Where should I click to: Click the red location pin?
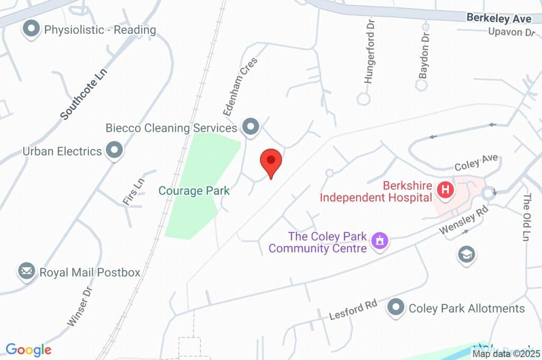(271, 162)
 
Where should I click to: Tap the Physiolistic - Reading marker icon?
(32, 29)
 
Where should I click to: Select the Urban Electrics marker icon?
(114, 151)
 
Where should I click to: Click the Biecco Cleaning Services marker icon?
(250, 127)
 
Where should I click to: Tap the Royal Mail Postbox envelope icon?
(26, 272)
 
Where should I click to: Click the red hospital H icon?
(445, 189)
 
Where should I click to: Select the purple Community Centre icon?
(380, 241)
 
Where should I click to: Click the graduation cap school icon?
(466, 255)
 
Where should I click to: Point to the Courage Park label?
(195, 191)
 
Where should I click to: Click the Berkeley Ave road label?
(499, 19)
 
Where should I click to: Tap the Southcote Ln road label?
(84, 94)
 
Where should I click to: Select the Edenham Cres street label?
(240, 86)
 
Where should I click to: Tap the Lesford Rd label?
(353, 310)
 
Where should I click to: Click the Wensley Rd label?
(463, 221)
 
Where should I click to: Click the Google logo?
(29, 350)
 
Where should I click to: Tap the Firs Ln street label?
(133, 191)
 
